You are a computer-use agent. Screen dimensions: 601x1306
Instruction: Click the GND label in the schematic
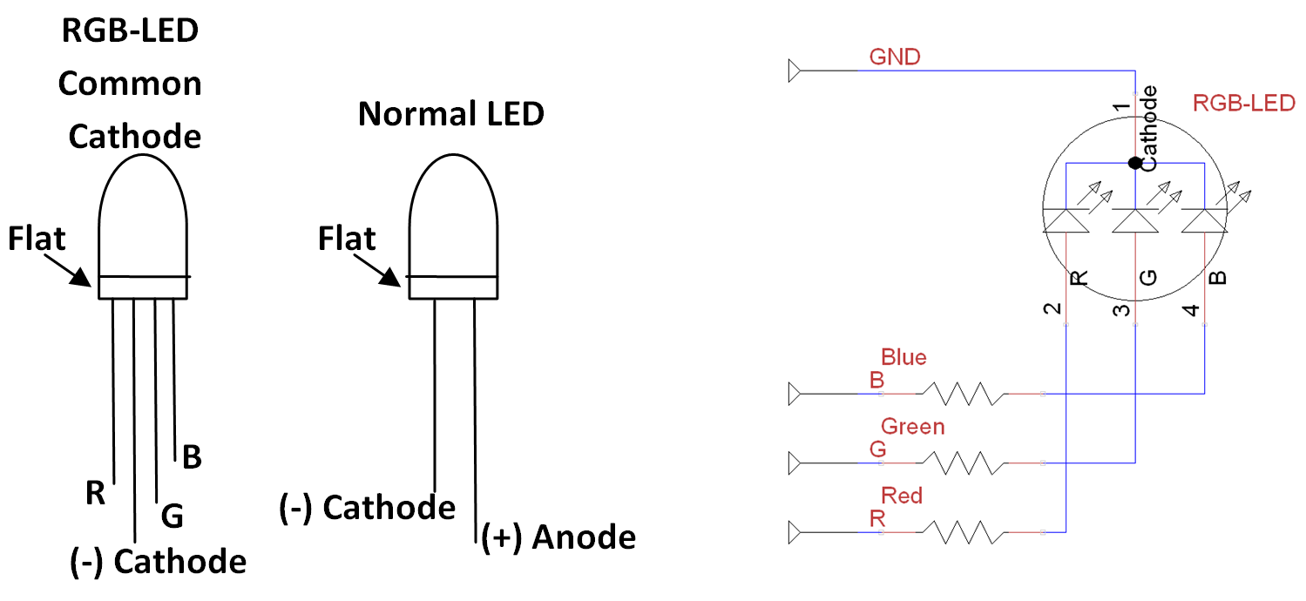pyautogui.click(x=894, y=57)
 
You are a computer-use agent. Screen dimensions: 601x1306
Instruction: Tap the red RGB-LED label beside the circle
pyautogui.click(x=1243, y=104)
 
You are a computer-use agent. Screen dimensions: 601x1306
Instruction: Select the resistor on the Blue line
pyautogui.click(x=964, y=394)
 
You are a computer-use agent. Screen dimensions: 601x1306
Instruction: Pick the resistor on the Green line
pyautogui.click(x=964, y=462)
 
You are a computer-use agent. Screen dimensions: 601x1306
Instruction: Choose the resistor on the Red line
pyautogui.click(x=964, y=531)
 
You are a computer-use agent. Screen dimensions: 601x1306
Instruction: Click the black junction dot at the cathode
pyautogui.click(x=1134, y=163)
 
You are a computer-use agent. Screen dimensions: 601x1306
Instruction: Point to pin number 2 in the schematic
pyautogui.click(x=1052, y=309)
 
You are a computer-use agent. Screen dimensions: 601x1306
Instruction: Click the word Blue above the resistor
pyautogui.click(x=903, y=357)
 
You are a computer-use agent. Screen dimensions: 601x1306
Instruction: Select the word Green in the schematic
pyautogui.click(x=912, y=427)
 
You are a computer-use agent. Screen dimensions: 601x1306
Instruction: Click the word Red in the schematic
pyautogui.click(x=901, y=496)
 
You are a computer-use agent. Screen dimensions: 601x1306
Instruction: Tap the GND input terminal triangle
pyautogui.click(x=794, y=70)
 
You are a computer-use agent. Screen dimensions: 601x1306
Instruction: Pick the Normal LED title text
pyautogui.click(x=451, y=113)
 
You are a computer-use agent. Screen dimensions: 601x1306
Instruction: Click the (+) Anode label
pyautogui.click(x=558, y=537)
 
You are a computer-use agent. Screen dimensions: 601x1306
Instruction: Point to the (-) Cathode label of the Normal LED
pyautogui.click(x=368, y=508)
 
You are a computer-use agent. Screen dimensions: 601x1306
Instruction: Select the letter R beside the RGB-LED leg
pyautogui.click(x=95, y=494)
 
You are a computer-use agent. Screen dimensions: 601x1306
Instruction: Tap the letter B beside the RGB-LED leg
pyautogui.click(x=191, y=456)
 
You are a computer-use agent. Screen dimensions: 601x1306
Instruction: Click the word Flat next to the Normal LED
pyautogui.click(x=347, y=239)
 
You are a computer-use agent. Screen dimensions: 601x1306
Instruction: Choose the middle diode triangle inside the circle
pyautogui.click(x=1134, y=222)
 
